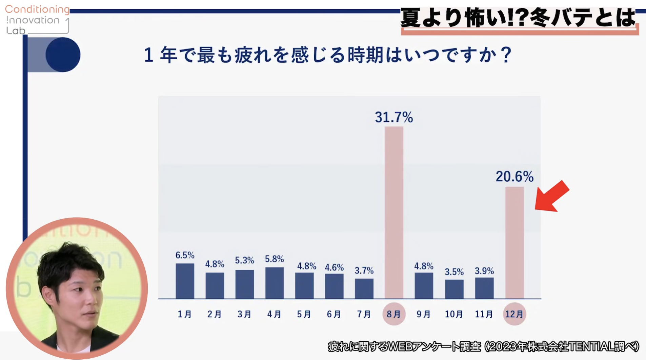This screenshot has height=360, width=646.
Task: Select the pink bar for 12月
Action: [x=514, y=242]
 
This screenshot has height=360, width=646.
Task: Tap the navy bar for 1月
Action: [x=185, y=281]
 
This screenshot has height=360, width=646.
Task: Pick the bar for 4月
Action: [x=274, y=283]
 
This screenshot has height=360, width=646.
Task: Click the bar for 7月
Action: [x=364, y=288]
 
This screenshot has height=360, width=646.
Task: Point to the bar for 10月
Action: [x=454, y=289]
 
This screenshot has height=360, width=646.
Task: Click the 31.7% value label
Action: [x=394, y=117]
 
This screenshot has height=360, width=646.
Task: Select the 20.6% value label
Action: [x=514, y=177]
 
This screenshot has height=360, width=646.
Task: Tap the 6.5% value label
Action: [x=185, y=255]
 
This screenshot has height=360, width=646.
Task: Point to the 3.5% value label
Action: [x=454, y=272]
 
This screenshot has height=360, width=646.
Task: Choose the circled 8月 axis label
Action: [x=394, y=314]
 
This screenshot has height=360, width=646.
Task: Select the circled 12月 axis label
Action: [x=514, y=314]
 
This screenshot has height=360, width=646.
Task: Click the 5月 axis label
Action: [x=304, y=314]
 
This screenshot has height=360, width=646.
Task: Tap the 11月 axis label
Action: [x=484, y=314]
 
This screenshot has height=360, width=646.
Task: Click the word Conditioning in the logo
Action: [x=37, y=9]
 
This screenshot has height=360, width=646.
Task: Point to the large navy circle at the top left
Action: [x=63, y=55]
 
